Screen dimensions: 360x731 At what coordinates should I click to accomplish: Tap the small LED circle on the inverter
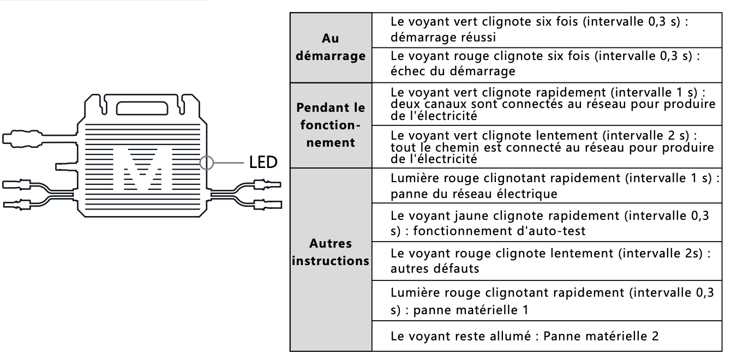coord(208,163)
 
